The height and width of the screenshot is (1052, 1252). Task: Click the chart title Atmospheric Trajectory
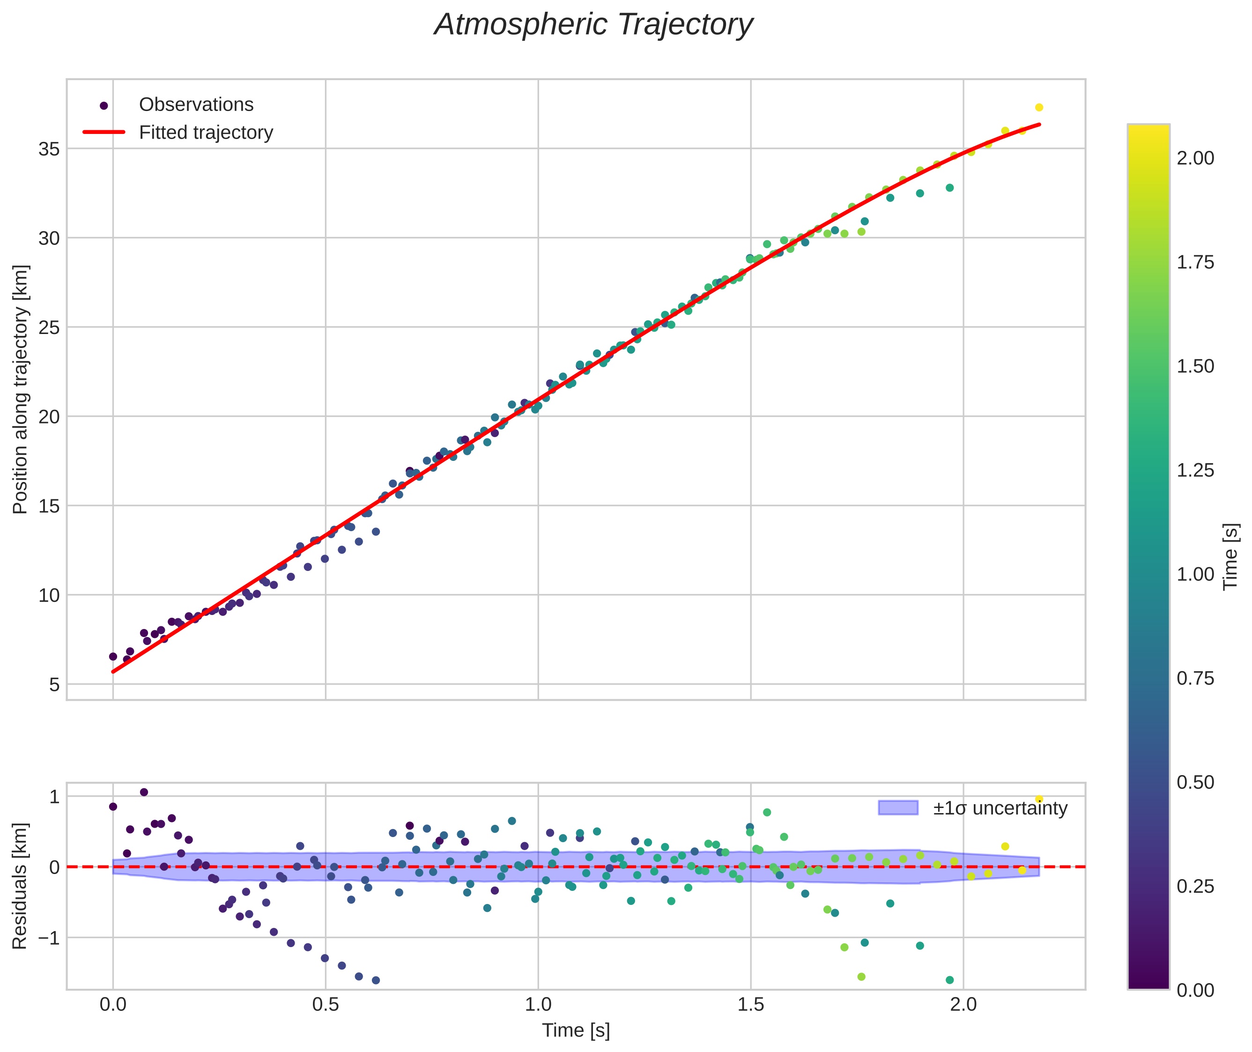tap(593, 25)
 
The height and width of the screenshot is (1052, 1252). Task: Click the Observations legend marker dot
tap(104, 105)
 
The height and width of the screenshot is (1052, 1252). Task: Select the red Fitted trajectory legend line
tap(104, 132)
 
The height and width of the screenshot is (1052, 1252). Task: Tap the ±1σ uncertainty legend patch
tap(898, 808)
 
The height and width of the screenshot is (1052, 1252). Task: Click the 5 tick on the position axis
tap(54, 685)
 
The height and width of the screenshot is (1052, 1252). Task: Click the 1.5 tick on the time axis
tap(750, 1004)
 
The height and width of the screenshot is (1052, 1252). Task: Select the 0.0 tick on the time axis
tap(113, 1004)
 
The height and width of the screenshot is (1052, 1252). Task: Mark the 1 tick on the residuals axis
tap(54, 797)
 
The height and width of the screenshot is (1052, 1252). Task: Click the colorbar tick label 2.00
tap(1195, 158)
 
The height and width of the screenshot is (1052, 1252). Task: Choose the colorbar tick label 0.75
tap(1195, 679)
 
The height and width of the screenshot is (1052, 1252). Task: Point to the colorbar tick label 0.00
tap(1195, 991)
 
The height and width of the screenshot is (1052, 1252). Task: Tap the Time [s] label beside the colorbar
tap(1230, 557)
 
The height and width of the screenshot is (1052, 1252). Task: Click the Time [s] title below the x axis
tap(576, 1030)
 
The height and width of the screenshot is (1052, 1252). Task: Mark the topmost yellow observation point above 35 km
tap(1039, 107)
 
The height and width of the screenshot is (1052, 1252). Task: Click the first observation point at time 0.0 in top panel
tap(113, 657)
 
